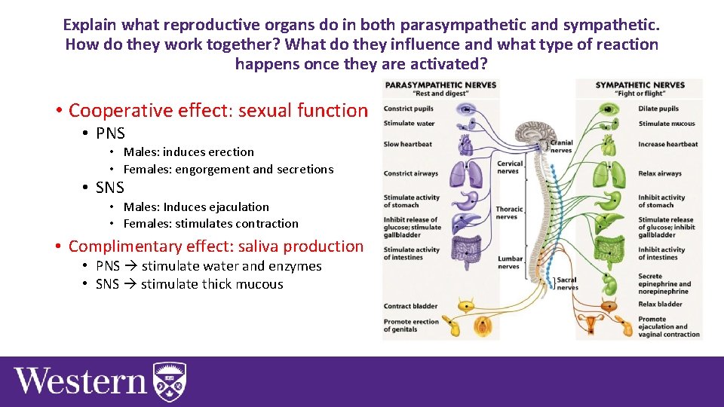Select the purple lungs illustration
(462, 173)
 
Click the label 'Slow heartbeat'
(408, 144)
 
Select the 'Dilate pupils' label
(658, 109)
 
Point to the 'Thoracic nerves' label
(509, 213)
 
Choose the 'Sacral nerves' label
(567, 284)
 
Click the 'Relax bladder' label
(660, 304)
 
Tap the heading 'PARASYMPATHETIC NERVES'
(441, 85)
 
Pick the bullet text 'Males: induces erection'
(189, 152)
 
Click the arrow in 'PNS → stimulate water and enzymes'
(130, 266)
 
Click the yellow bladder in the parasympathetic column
(467, 306)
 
